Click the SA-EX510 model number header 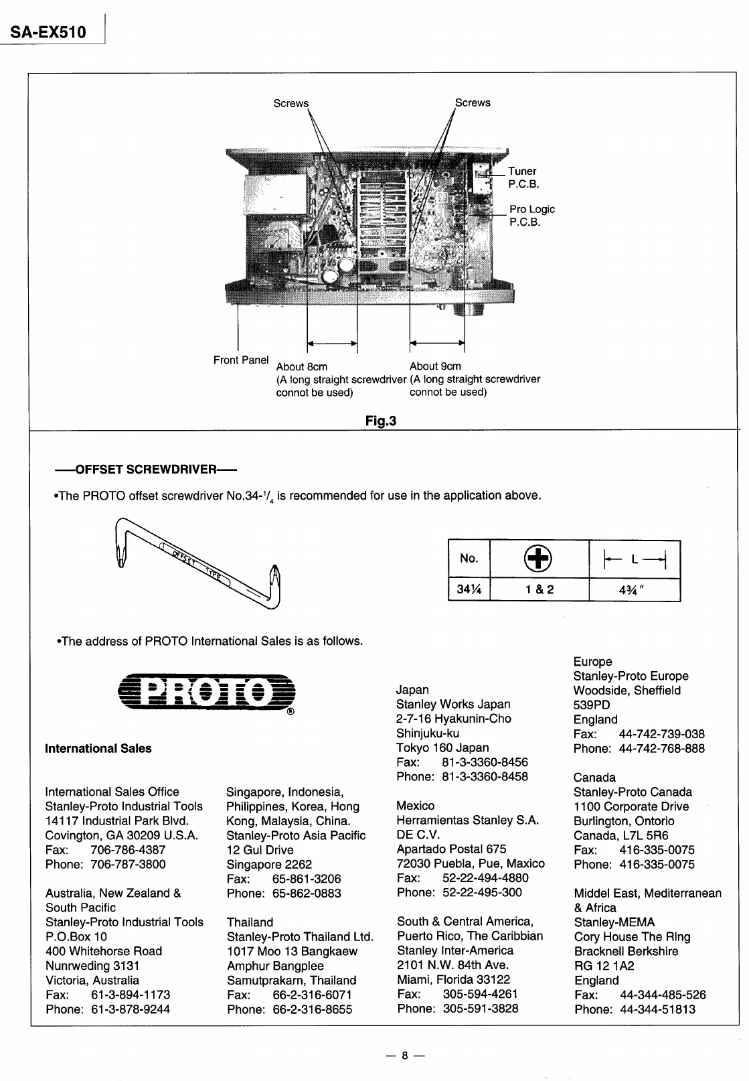48,31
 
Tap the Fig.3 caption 380,421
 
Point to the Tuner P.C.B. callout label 523,177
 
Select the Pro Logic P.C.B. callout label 531,216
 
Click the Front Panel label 241,360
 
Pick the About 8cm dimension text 302,366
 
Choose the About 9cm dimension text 435,366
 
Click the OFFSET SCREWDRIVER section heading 146,468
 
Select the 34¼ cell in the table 469,589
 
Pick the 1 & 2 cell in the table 539,589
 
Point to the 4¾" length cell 634,589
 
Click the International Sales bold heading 98,749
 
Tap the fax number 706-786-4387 128,850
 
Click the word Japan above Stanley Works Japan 412,690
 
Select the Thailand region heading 250,922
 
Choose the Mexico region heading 416,806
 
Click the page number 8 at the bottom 404,1056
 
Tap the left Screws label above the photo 291,103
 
